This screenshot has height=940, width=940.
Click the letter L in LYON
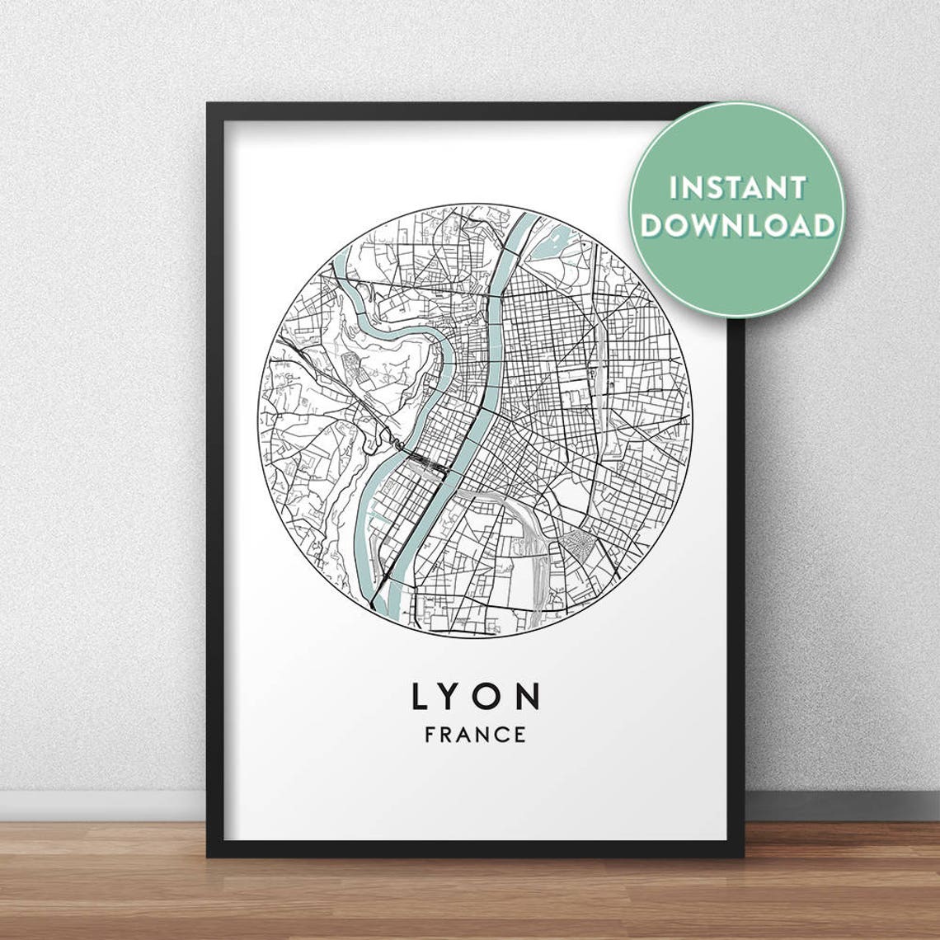click(x=420, y=697)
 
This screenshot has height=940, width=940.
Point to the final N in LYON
click(x=529, y=697)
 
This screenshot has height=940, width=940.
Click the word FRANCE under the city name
click(x=475, y=735)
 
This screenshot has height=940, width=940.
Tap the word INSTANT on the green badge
click(x=737, y=188)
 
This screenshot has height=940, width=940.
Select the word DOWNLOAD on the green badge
click(x=737, y=224)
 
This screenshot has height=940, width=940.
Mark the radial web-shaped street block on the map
click(x=576, y=543)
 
